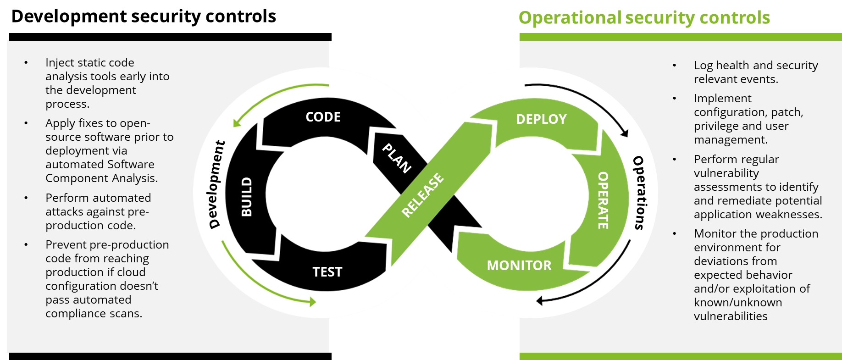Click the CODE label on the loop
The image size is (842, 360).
click(323, 117)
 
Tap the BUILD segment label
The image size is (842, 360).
click(247, 197)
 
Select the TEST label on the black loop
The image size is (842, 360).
click(327, 272)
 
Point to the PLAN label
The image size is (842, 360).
click(397, 158)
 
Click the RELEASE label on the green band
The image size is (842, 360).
click(422, 195)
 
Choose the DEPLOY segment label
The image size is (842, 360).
click(541, 119)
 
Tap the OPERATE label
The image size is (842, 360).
click(603, 200)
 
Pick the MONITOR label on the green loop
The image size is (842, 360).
click(519, 266)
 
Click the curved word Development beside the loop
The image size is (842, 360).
click(216, 185)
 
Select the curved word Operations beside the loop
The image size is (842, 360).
click(639, 193)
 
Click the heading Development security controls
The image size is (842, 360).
click(144, 17)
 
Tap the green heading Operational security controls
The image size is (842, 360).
click(644, 18)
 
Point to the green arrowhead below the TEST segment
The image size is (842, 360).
click(313, 302)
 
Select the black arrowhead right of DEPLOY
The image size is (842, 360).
click(624, 133)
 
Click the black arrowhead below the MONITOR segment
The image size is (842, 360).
click(540, 301)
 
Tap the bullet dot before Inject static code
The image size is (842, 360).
click(26, 63)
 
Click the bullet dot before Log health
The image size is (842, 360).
click(674, 66)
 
